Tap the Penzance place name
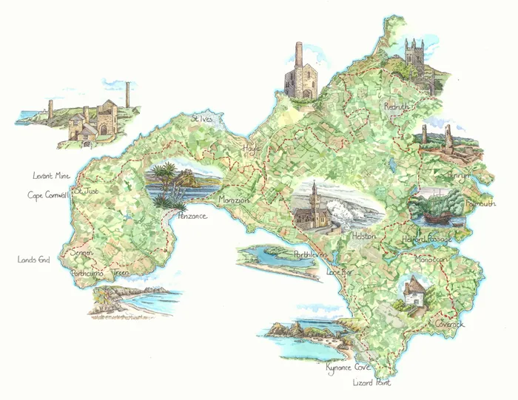point(188,216)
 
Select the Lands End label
point(33,260)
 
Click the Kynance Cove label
point(347,367)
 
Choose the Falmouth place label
point(481,204)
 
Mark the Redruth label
point(400,107)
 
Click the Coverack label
point(451,323)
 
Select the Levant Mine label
point(51,176)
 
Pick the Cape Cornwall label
point(48,194)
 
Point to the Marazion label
point(235,200)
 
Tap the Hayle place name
point(252,149)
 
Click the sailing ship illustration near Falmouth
point(437,208)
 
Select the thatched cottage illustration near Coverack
point(412,291)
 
